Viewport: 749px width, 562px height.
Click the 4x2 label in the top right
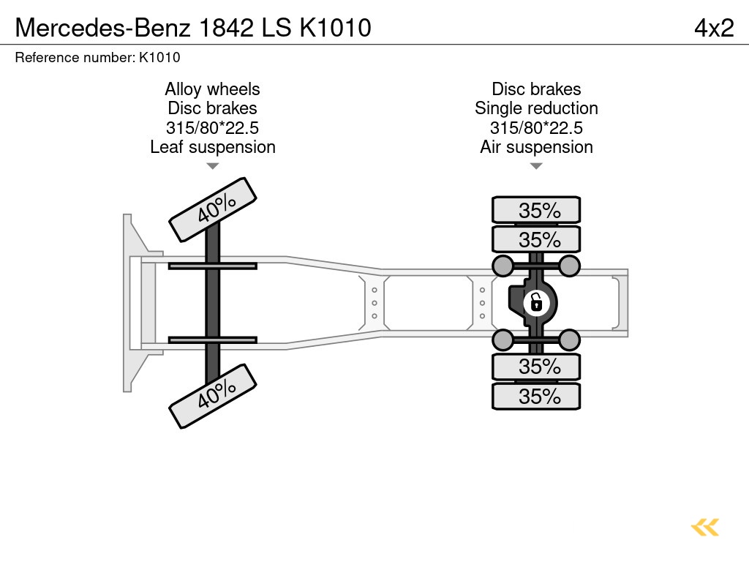(713, 28)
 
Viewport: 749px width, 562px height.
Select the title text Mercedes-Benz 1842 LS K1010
(193, 28)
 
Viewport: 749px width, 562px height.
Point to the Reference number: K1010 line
(97, 57)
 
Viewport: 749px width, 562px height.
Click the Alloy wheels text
(212, 89)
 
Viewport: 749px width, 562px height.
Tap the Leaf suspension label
(212, 147)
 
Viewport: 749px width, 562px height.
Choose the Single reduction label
(536, 108)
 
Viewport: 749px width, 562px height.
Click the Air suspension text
(536, 147)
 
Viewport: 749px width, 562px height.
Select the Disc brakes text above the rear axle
(536, 89)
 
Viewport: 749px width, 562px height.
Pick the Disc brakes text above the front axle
(212, 108)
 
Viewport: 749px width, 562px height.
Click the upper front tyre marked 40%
(213, 209)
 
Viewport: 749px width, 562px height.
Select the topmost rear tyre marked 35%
(536, 210)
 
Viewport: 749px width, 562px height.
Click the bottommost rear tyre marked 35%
(536, 397)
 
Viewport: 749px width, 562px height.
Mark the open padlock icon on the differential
(535, 301)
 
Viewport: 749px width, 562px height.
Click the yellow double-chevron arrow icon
(705, 528)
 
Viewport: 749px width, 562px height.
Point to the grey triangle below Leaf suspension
(212, 166)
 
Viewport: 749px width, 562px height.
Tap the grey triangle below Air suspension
(536, 166)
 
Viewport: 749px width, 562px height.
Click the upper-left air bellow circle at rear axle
(503, 265)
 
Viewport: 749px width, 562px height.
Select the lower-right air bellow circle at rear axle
(569, 340)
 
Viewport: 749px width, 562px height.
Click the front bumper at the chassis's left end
(132, 302)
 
